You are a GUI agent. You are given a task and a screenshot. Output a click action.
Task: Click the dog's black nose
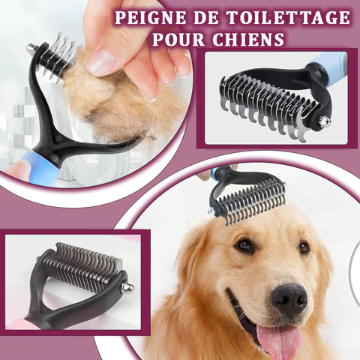pyautogui.click(x=289, y=298)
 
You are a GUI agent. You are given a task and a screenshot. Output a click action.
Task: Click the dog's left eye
pyautogui.click(x=304, y=247)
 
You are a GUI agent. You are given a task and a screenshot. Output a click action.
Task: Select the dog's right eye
pyautogui.click(x=244, y=244)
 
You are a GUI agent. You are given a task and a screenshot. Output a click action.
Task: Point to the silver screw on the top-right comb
pyautogui.click(x=324, y=121)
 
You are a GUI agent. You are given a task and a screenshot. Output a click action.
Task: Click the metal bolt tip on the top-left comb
pyautogui.click(x=31, y=46)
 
